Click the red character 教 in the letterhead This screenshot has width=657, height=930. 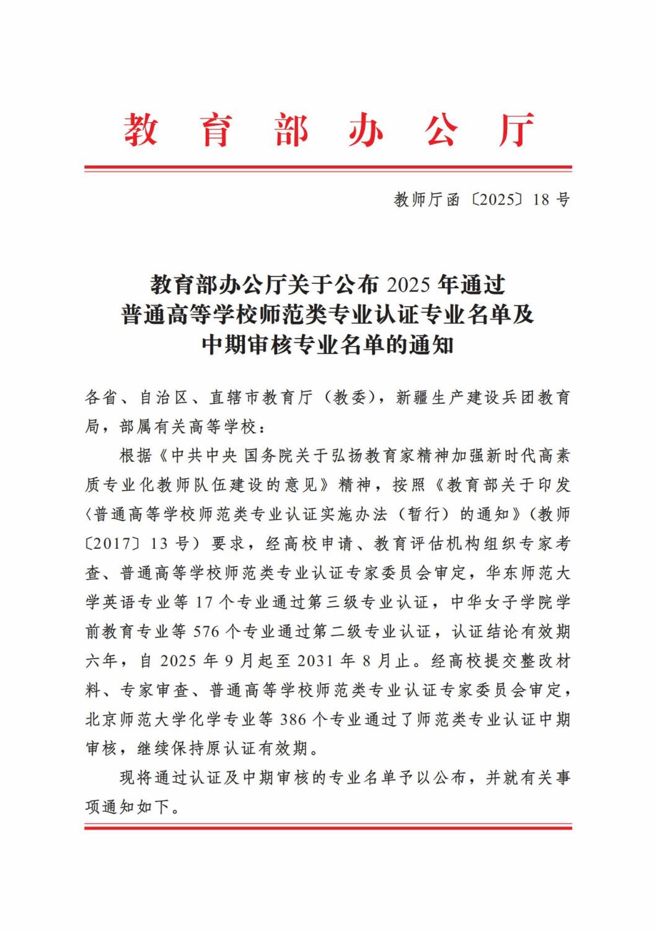click(140, 130)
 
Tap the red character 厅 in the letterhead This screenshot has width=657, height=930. click(516, 130)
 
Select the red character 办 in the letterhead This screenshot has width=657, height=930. click(365, 130)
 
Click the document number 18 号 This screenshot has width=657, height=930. click(551, 200)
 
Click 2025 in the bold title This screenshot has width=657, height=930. click(408, 285)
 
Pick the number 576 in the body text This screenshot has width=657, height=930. click(208, 632)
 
